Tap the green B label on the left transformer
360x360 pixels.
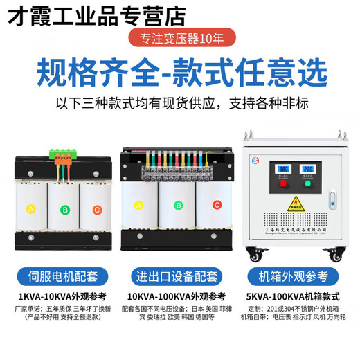(65, 209)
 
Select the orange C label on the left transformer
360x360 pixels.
(97, 209)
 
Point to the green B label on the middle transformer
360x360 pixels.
(178, 205)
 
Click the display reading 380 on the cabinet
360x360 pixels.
(282, 168)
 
